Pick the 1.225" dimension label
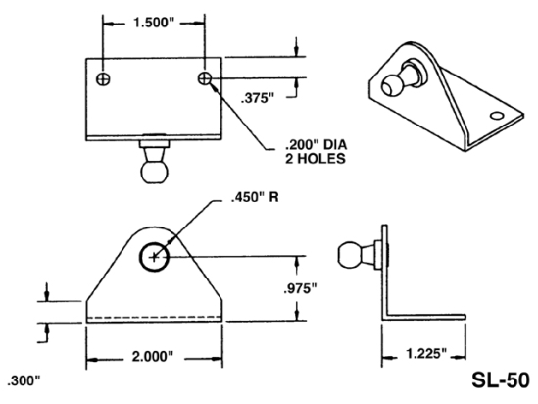click(x=417, y=350)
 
